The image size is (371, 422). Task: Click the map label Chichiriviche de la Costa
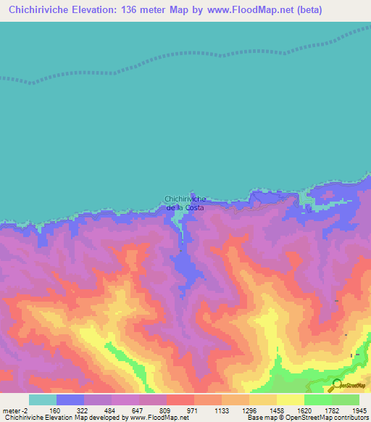click(x=185, y=203)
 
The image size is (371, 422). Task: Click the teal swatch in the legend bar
click(x=43, y=400)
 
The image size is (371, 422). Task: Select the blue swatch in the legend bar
click(x=70, y=400)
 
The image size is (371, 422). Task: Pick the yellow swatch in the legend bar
click(x=290, y=400)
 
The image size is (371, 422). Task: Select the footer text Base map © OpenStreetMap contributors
click(x=307, y=418)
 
